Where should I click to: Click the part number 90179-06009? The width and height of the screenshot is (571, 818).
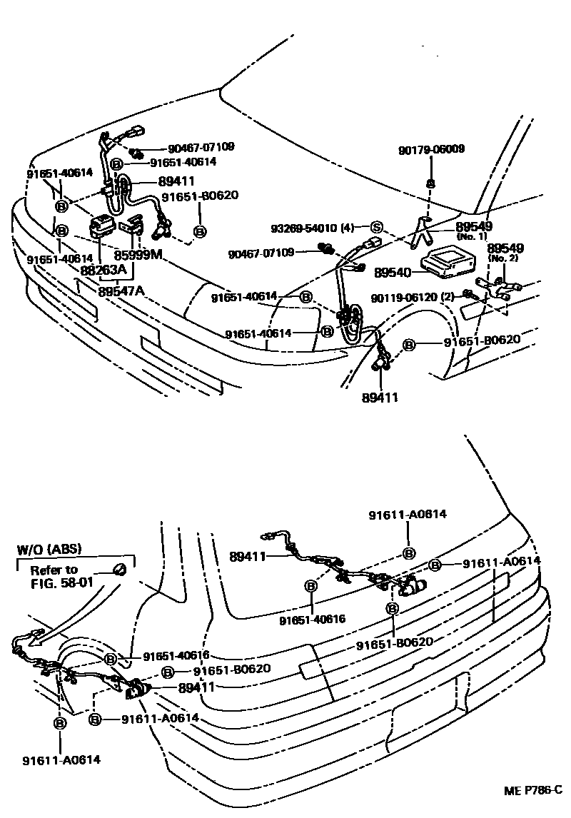pos(431,149)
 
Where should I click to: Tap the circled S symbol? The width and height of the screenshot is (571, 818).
pos(375,228)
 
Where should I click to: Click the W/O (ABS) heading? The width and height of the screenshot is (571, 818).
pos(49,549)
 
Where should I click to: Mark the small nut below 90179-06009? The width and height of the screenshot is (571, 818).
pos(430,183)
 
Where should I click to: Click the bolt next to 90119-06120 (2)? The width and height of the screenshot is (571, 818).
pos(470,293)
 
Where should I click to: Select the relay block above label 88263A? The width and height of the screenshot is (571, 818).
pos(103,228)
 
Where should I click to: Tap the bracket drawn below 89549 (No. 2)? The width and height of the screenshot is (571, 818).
pos(503,288)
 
